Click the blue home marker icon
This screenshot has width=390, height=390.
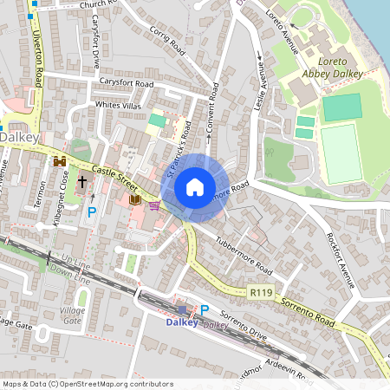pyautogui.click(x=195, y=187)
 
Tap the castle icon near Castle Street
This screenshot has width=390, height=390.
pyautogui.click(x=60, y=161)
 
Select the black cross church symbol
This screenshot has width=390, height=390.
pyautogui.click(x=82, y=182)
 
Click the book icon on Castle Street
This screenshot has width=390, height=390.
pyautogui.click(x=134, y=199)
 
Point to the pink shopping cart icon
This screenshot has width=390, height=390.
pyautogui.click(x=154, y=205)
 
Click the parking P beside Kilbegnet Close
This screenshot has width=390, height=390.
pyautogui.click(x=92, y=211)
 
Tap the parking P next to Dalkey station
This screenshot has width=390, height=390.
pyautogui.click(x=205, y=309)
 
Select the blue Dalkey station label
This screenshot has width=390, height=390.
pyautogui.click(x=182, y=322)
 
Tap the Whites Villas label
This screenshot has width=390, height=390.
pyautogui.click(x=118, y=105)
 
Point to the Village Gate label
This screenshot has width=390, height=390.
pyautogui.click(x=73, y=315)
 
